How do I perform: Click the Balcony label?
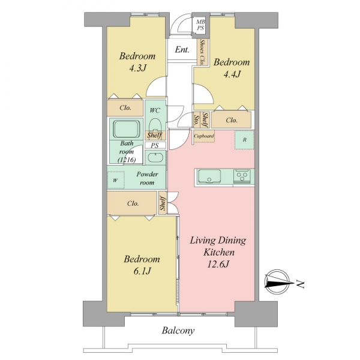[x=178, y=331]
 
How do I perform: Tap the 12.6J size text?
[x=218, y=264]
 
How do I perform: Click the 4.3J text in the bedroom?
[x=137, y=68]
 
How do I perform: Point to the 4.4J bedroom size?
[x=232, y=74]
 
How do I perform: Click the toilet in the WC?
[x=155, y=125]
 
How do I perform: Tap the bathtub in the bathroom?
[x=127, y=128]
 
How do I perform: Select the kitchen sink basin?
[x=209, y=176]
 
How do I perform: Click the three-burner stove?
[x=241, y=176]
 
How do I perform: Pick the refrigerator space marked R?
[x=244, y=140]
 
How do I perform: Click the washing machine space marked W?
[x=116, y=180]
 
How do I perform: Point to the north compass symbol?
[x=277, y=282]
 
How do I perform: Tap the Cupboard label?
[x=204, y=136]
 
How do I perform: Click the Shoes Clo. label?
[x=202, y=52]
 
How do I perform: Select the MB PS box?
[x=200, y=25]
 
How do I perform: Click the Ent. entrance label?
[x=182, y=49]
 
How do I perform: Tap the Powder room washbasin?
[x=155, y=158]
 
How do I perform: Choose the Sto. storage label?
[x=196, y=119]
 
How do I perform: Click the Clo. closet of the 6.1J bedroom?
[x=133, y=203]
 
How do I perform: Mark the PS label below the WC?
[x=155, y=146]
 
